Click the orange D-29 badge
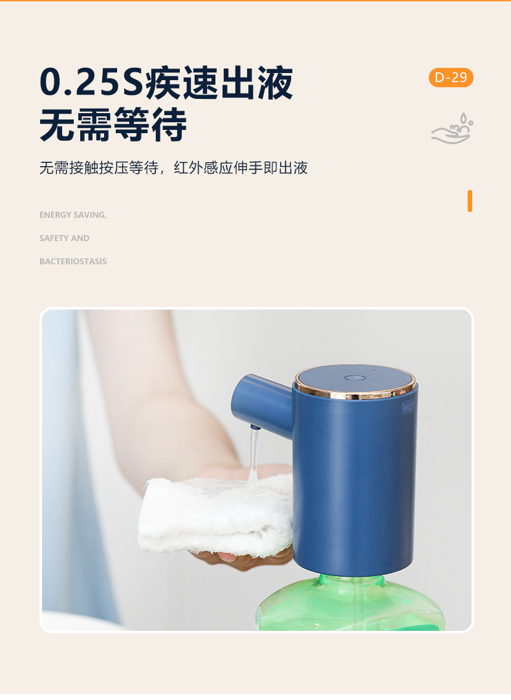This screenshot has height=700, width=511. click(x=451, y=78)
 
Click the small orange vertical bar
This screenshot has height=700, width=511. click(x=470, y=201)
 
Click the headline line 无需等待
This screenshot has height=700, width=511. click(x=113, y=125)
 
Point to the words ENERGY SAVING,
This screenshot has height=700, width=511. click(x=73, y=215)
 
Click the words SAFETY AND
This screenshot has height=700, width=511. click(x=65, y=238)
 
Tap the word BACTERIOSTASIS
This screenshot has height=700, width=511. click(x=73, y=261)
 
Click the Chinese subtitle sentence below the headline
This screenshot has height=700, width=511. click(x=173, y=169)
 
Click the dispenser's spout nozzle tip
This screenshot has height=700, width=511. click(x=255, y=427)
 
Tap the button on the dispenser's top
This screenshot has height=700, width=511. click(x=353, y=377)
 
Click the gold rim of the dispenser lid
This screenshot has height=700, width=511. click(x=354, y=394)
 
